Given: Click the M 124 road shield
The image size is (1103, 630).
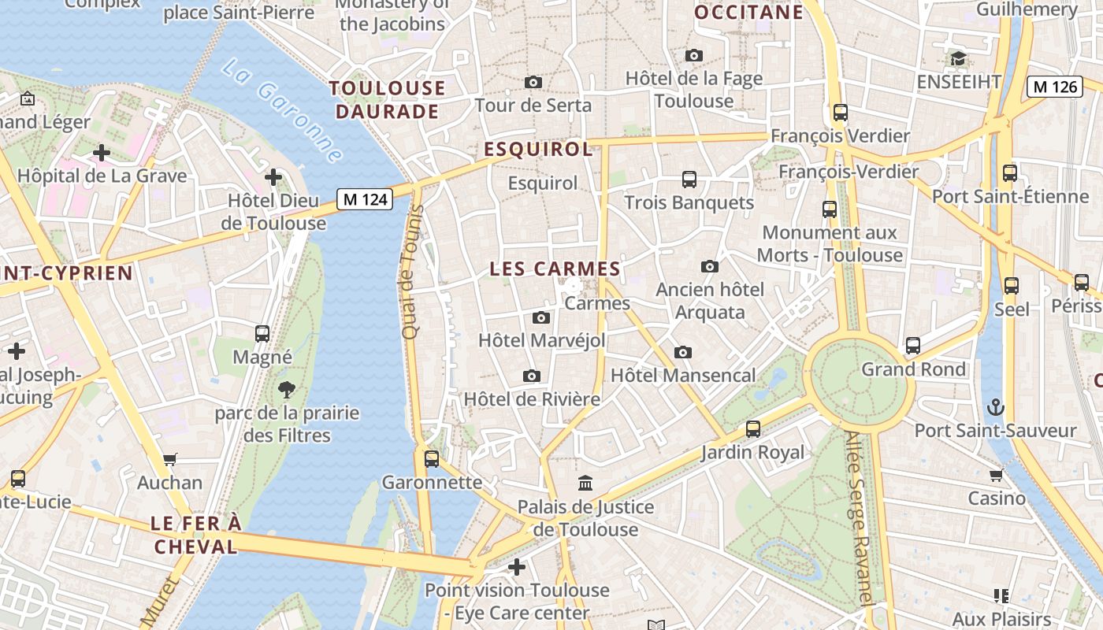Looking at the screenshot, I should coord(365,199).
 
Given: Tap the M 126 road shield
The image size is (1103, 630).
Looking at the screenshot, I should coord(1054,87).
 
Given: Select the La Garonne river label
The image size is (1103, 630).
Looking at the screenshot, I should coord(282,110).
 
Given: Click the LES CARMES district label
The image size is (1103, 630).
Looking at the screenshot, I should coord(555,269).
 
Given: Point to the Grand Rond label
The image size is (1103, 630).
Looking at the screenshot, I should coord(913,369).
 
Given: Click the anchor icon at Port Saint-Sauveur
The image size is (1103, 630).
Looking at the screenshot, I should coord(996,407).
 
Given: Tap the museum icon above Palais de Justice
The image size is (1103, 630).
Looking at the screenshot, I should coord(585,483).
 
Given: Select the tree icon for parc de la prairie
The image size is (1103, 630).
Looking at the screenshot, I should coord(287,388).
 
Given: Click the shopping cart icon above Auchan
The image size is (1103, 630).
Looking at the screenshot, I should coord(170,459).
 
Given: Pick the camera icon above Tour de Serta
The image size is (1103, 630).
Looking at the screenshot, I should coord(533,82).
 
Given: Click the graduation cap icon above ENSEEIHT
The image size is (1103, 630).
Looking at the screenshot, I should coord(958,58).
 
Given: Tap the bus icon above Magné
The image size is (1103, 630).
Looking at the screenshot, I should coord(262,333).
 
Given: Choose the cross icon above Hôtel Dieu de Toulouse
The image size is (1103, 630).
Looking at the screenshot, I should coord(273,176).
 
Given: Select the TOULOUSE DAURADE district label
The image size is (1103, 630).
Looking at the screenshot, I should coord(387,99).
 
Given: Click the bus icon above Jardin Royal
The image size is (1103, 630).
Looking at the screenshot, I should coord(753,429).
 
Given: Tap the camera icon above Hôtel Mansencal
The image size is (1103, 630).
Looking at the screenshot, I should coord(682,352).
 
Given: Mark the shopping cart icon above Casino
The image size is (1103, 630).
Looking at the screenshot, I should coord(997,475).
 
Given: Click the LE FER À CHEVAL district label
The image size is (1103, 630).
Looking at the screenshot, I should coord(195,535).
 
